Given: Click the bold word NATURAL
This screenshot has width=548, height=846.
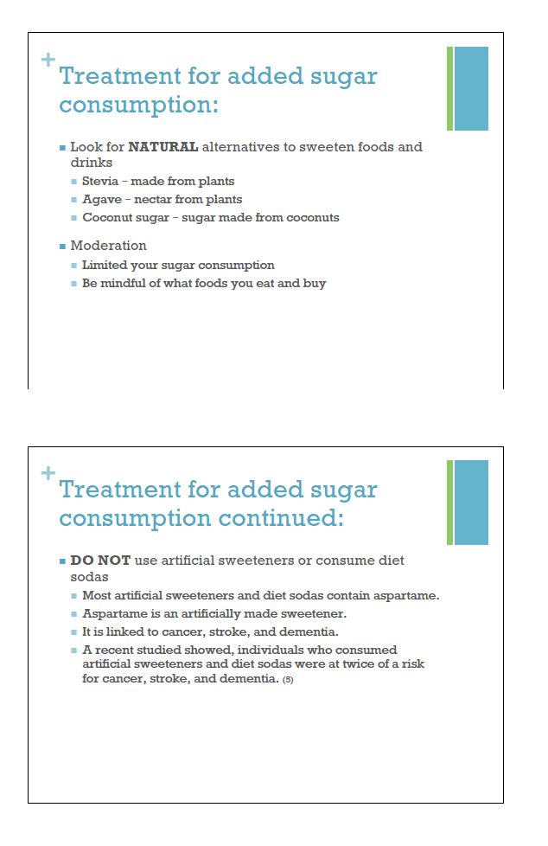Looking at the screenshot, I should click(163, 147).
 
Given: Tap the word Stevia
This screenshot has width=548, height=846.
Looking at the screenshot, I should click(100, 182).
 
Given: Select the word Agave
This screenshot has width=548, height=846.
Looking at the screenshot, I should click(101, 200).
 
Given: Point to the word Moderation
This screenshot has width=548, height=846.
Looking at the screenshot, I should click(108, 246).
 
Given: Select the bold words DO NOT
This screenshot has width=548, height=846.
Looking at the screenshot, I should click(100, 561).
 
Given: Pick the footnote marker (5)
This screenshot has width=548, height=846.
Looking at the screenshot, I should click(289, 680).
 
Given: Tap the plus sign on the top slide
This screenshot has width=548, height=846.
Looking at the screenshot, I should click(48, 60).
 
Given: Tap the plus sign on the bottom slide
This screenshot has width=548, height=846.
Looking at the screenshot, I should click(48, 473).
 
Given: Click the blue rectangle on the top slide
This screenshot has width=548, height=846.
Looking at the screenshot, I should click(471, 88).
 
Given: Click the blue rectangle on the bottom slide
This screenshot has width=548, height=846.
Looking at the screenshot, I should click(471, 502).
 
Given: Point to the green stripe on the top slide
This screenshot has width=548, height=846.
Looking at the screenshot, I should click(449, 88).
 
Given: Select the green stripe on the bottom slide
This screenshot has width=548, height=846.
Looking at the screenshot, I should click(449, 502).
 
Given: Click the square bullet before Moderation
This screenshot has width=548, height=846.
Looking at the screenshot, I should click(62, 247).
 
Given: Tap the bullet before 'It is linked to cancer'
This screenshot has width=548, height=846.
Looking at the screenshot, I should click(74, 632).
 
